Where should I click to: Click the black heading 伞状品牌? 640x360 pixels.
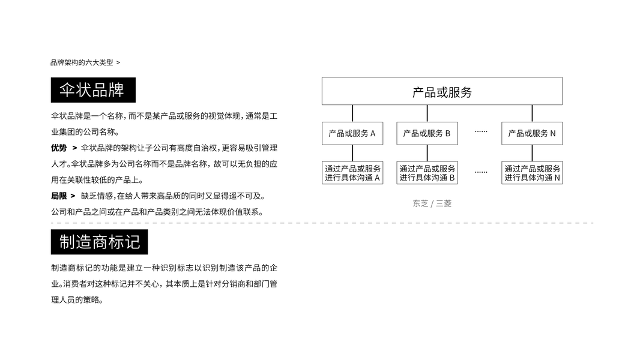tap(93, 90)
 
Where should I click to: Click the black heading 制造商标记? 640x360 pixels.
tap(99, 242)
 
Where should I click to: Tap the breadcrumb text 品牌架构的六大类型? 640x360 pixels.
tap(82, 62)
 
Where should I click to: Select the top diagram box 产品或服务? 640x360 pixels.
tap(442, 91)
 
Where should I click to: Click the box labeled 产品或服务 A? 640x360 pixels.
tap(352, 133)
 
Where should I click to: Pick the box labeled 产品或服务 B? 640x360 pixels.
tap(427, 133)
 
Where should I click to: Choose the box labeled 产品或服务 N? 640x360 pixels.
tap(532, 133)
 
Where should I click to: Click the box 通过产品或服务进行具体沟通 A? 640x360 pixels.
tap(352, 173)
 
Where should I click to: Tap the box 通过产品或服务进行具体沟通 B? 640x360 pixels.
tap(427, 173)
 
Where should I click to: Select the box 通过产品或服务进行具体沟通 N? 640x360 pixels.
tap(532, 173)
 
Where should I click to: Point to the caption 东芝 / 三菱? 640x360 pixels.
tap(432, 203)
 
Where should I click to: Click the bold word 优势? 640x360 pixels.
tap(59, 148)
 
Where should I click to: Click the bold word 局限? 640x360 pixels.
tap(59, 196)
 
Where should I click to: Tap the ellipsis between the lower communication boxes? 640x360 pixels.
tap(481, 172)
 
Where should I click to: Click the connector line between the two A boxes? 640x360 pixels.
tap(352, 153)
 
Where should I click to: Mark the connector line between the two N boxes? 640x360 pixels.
tap(532, 153)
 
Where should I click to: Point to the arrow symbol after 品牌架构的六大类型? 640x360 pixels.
tap(118, 62)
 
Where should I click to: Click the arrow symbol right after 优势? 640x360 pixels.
tap(74, 148)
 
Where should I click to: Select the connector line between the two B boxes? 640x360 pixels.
tap(427, 153)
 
